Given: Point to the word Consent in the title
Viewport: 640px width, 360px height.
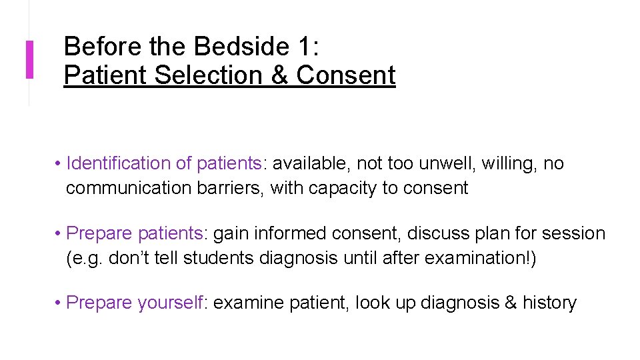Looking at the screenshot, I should pos(346,75).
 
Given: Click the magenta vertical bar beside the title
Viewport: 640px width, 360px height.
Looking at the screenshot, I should pos(29,60).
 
